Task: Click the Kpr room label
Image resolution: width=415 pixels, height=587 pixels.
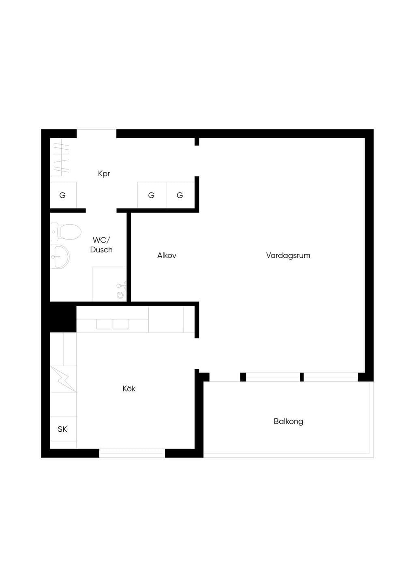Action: (x=104, y=174)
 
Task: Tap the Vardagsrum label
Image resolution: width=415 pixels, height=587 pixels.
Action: (x=288, y=255)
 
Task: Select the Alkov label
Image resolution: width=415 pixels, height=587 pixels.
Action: (x=167, y=255)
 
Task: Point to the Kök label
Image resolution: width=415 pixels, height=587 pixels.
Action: (x=129, y=388)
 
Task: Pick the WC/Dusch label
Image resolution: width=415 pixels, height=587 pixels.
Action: (x=101, y=245)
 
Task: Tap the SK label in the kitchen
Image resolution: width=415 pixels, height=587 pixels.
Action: (x=62, y=429)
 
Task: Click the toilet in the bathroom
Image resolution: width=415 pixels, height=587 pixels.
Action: (x=66, y=232)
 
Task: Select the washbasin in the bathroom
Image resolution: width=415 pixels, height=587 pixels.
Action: (x=60, y=257)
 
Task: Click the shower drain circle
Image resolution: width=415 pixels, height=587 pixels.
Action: (x=120, y=295)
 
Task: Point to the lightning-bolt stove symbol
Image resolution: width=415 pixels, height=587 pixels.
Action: (x=63, y=379)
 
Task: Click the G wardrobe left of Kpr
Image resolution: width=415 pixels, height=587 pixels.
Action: (x=63, y=195)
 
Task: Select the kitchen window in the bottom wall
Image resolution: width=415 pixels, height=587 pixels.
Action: (x=132, y=453)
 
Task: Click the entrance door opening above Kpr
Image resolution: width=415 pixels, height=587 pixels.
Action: (x=96, y=134)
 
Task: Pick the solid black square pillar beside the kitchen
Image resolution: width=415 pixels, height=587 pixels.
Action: (x=63, y=317)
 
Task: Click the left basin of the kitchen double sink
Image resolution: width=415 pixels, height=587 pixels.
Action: (x=105, y=324)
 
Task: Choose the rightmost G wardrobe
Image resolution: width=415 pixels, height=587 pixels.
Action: (x=180, y=195)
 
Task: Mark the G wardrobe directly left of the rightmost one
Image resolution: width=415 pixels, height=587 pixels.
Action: (x=152, y=195)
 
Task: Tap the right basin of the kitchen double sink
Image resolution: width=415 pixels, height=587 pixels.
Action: (x=120, y=324)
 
